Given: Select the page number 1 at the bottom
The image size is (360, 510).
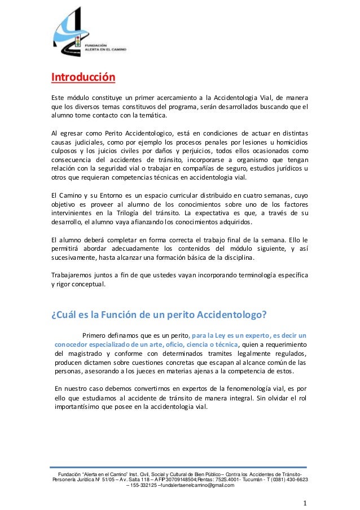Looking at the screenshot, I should [x=304, y=502].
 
